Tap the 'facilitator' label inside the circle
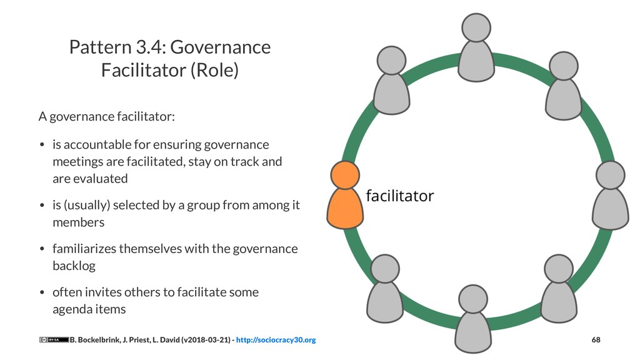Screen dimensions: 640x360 click(399, 196)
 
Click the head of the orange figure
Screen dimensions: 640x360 click(345, 175)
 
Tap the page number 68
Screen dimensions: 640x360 click(596, 340)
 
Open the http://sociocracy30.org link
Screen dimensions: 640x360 click(276, 340)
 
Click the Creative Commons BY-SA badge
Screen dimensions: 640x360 click(53, 340)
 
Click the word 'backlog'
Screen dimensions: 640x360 click(74, 266)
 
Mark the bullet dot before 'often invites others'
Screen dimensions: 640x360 click(42, 292)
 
